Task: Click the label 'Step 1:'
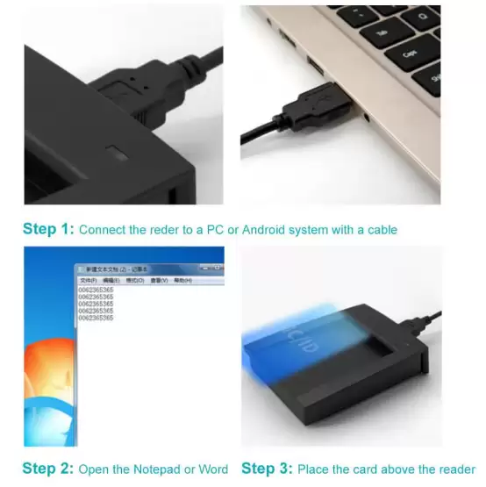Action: [48, 230]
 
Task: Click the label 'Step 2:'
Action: [48, 469]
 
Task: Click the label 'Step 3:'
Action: [267, 469]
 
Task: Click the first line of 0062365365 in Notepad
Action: [96, 289]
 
